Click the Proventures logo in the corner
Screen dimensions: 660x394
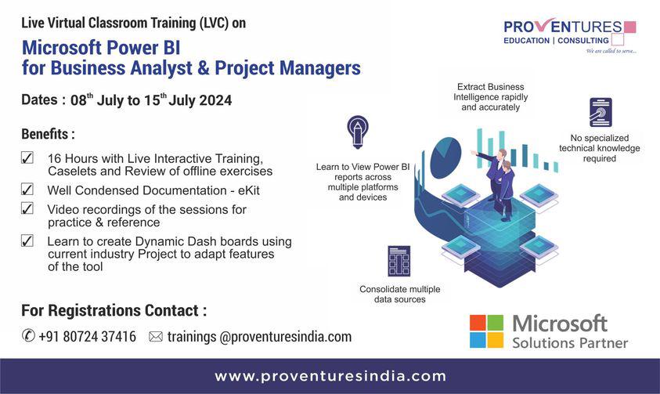[x=570, y=36]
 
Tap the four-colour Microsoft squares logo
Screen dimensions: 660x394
[x=486, y=331]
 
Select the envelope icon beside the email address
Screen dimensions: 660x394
[x=156, y=337]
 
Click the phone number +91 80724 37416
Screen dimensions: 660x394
[x=88, y=336]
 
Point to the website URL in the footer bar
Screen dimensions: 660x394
[x=330, y=376]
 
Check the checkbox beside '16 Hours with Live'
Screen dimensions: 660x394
[x=27, y=158]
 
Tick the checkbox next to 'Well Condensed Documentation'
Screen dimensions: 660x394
[x=27, y=189]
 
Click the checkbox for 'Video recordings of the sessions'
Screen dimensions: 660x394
[x=27, y=208]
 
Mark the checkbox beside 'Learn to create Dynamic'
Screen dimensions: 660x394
[x=27, y=240]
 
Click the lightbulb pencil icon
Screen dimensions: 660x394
[x=358, y=132]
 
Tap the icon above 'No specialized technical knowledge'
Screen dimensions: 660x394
[x=600, y=112]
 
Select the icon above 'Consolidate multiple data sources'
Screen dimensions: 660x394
[x=399, y=261]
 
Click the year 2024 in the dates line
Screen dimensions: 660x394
[x=215, y=100]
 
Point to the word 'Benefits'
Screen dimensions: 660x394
[x=45, y=134]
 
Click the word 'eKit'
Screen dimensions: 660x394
[x=249, y=190]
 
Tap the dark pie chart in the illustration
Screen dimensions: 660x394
[x=445, y=157]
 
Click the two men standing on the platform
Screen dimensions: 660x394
[x=496, y=184]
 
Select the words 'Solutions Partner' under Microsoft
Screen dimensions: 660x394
[x=570, y=343]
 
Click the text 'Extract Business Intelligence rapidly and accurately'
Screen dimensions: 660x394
[x=490, y=97]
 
